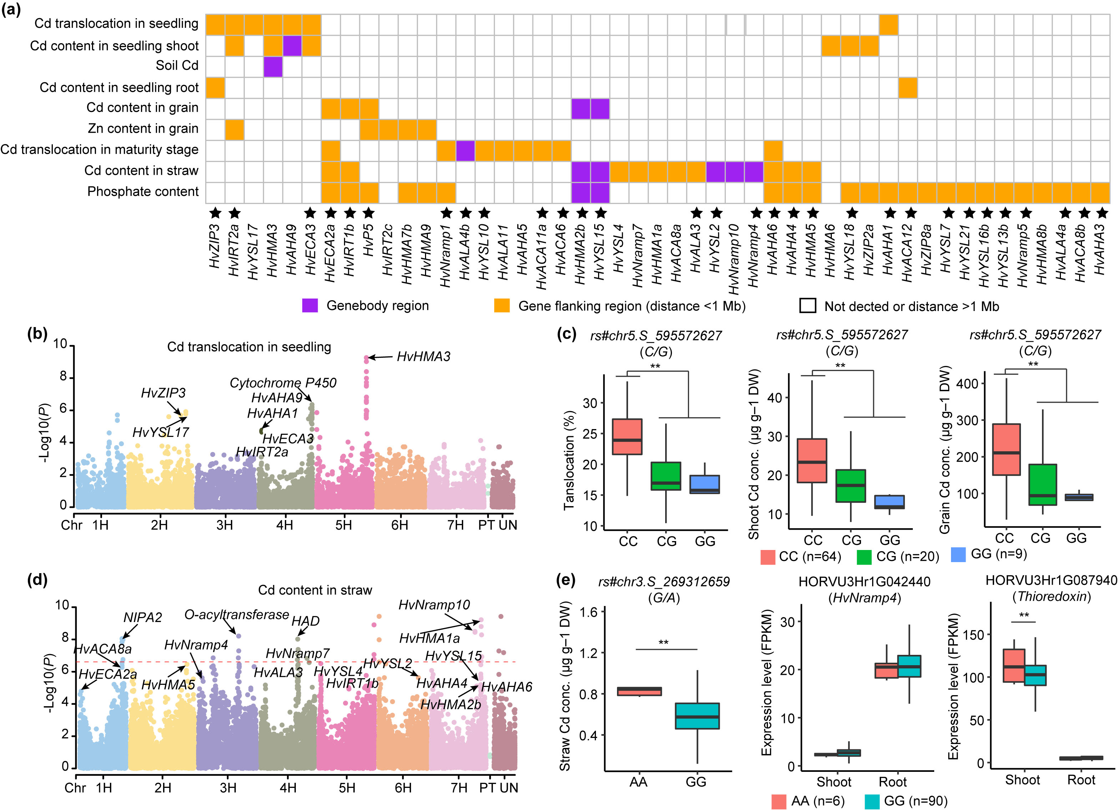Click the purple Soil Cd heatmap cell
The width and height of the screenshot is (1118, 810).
(273, 66)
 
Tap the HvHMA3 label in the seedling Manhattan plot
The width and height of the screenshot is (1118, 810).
(424, 357)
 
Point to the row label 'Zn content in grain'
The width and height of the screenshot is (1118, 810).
(143, 129)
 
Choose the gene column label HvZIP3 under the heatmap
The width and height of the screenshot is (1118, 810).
(214, 246)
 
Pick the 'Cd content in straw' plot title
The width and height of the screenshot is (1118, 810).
(315, 590)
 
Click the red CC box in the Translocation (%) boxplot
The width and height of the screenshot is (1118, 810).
(627, 437)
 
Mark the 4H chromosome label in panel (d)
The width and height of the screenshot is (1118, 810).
(288, 787)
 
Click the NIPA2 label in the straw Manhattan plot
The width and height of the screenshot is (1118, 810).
(142, 617)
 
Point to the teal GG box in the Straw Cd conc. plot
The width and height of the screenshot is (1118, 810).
(697, 715)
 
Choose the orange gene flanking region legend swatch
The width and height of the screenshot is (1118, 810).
(502, 305)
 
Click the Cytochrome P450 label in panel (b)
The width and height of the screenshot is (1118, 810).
(283, 383)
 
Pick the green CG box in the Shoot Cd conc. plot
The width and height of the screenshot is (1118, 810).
(851, 486)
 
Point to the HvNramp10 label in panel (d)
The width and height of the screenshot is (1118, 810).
(434, 605)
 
